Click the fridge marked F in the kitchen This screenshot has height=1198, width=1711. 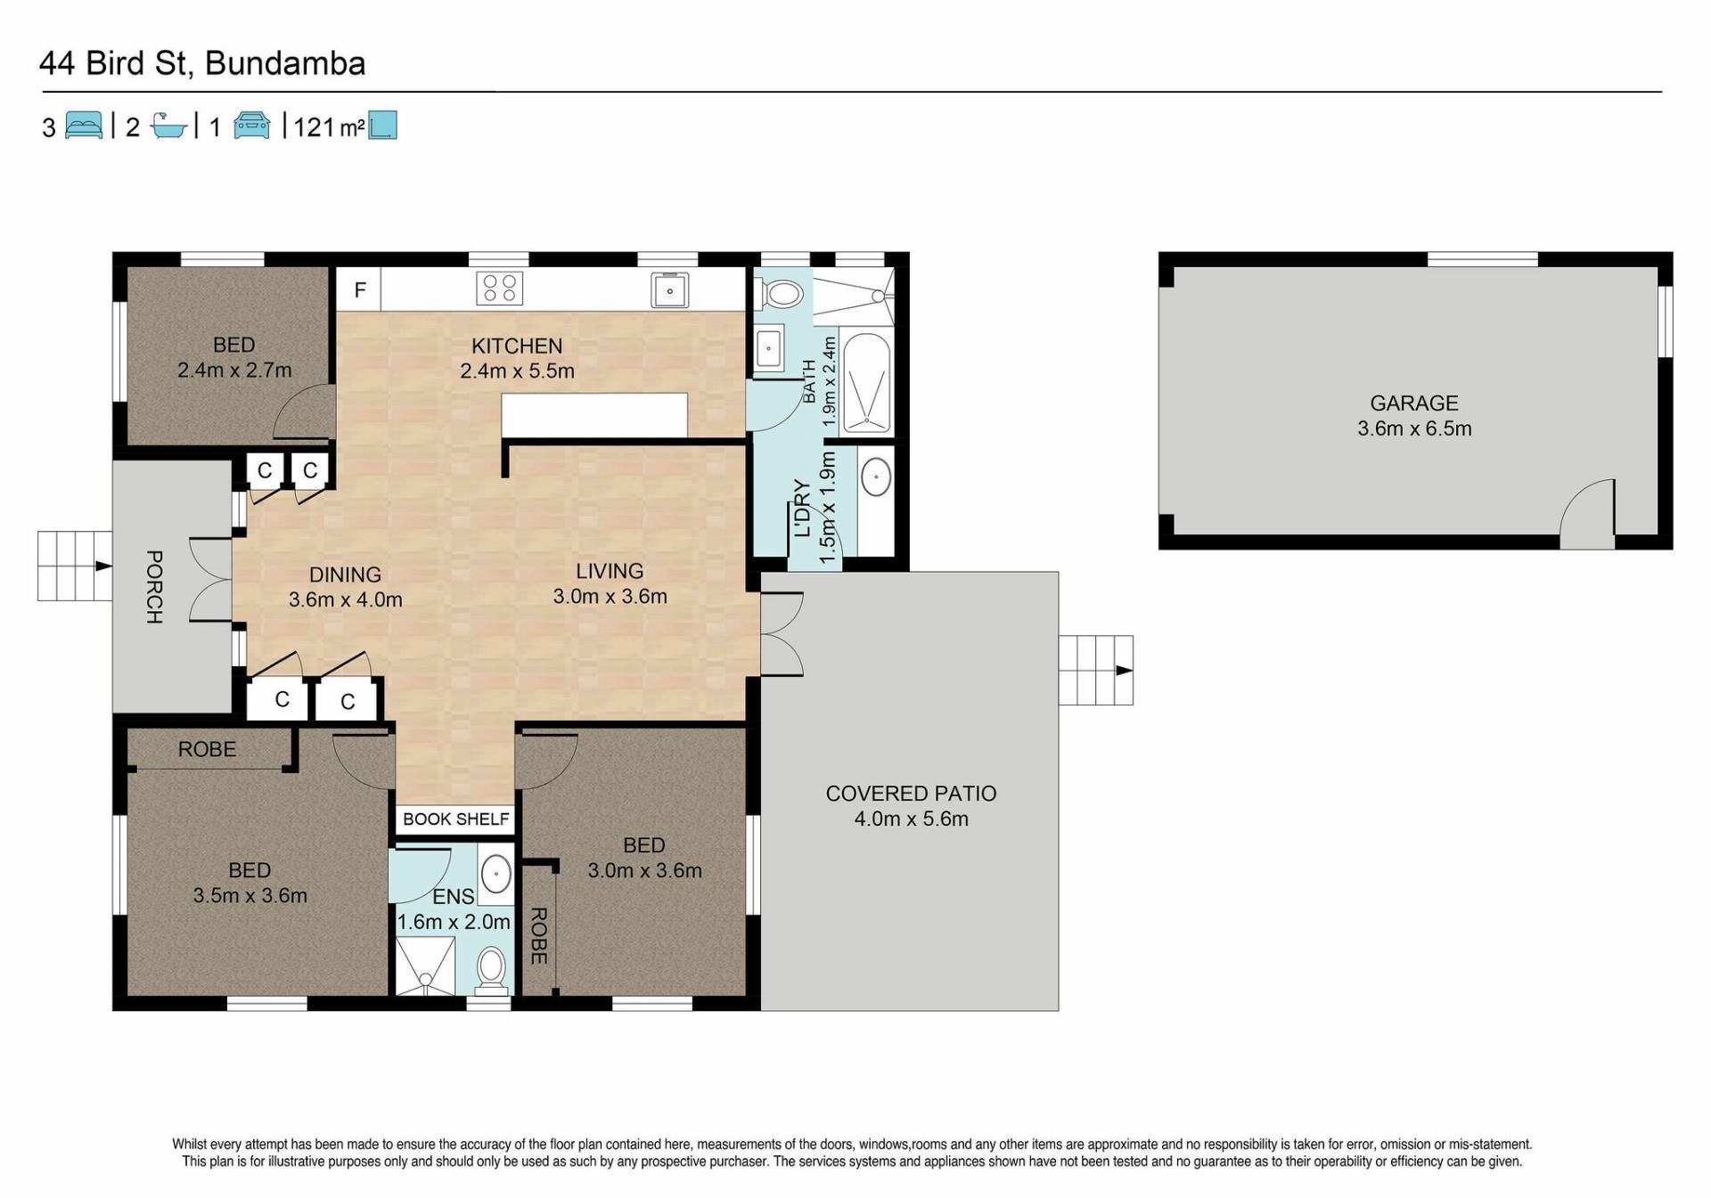[x=359, y=289]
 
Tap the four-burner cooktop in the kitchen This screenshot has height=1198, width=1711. [x=500, y=289]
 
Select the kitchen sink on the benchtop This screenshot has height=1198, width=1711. [x=669, y=289]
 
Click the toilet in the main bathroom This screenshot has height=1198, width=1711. [x=779, y=292]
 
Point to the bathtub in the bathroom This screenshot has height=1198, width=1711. [x=865, y=384]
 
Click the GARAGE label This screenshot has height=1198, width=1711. [x=1414, y=403]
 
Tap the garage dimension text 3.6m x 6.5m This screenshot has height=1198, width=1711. [x=1414, y=428]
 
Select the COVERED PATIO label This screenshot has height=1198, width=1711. [x=911, y=794]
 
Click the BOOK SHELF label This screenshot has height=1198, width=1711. [x=456, y=819]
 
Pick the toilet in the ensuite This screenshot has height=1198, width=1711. [x=491, y=971]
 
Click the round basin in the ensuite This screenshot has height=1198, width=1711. [x=495, y=874]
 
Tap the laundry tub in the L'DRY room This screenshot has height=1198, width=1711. [x=876, y=477]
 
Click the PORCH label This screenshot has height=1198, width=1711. [x=154, y=587]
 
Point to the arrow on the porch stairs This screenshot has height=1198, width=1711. [x=103, y=566]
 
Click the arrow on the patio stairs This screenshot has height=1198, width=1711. [x=1124, y=671]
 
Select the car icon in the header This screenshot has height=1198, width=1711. [x=252, y=126]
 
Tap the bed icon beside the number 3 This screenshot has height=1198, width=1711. [x=84, y=126]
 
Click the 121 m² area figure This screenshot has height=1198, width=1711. [x=329, y=127]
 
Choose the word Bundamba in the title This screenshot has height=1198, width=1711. [x=285, y=64]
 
